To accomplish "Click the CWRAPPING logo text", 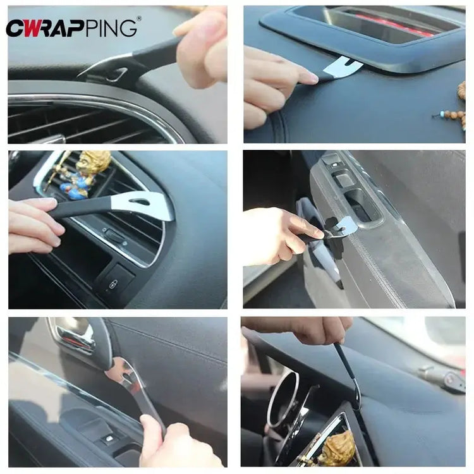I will click(x=71, y=28).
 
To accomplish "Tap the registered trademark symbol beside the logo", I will click(x=139, y=18).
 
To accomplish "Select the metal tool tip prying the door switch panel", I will click(x=341, y=224).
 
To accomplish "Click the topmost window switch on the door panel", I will click(x=331, y=161).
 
